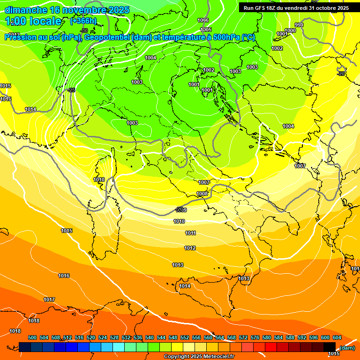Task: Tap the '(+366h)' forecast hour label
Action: [83, 21]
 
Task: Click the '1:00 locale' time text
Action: [33, 21]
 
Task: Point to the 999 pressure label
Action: [299, 25]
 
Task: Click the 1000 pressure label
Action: [291, 30]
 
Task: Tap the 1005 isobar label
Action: [206, 30]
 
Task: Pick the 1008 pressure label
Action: [202, 194]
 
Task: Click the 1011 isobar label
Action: [190, 233]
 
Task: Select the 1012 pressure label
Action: [190, 248]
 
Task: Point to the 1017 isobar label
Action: [49, 300]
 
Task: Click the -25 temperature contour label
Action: [71, 90]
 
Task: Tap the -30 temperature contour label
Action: [84, 30]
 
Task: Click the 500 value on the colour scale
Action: [32, 337]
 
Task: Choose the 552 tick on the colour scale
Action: [185, 337]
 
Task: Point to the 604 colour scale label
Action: [337, 337]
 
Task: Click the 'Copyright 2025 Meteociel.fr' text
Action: [199, 357]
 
